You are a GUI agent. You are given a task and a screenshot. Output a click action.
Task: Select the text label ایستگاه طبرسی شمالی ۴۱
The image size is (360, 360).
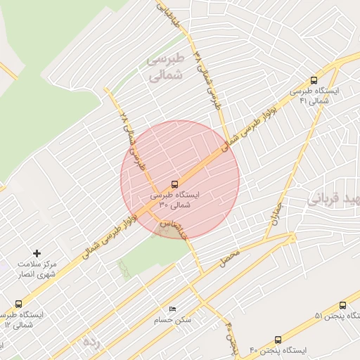tap(314, 97)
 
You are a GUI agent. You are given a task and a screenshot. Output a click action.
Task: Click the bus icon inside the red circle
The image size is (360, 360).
tap(175, 184)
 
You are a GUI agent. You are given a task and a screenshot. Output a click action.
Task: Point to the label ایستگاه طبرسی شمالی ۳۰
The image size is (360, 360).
tap(175, 200)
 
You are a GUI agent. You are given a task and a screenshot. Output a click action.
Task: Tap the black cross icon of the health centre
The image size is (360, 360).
tap(37, 252)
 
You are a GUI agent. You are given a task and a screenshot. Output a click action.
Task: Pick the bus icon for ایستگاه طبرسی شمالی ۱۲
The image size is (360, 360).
tap(18, 304)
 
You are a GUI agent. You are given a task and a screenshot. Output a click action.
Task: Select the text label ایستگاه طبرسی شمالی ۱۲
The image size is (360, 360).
tap(23, 319)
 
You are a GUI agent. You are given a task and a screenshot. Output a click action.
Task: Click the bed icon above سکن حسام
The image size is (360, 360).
tap(172, 309)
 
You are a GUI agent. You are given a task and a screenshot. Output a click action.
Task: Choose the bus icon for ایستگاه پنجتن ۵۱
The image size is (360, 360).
tap(342, 306)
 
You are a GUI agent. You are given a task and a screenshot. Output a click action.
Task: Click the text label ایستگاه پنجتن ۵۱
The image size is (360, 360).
tap(319, 315)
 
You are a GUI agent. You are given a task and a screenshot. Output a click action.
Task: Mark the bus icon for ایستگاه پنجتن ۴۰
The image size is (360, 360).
tap(278, 340)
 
